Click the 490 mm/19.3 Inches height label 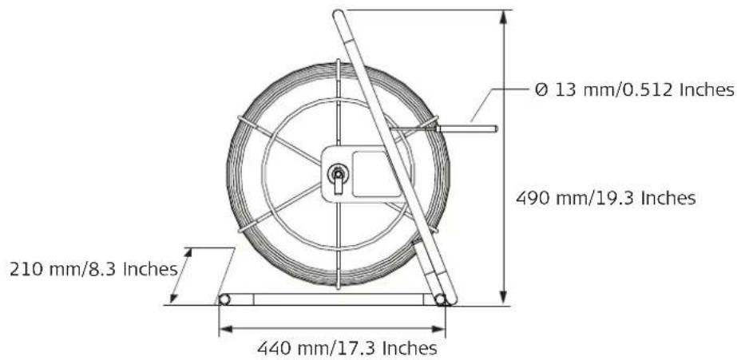(605, 198)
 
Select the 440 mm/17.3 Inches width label (347, 349)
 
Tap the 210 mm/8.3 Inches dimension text (93, 269)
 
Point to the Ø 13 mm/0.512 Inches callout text (635, 89)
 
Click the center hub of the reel (338, 174)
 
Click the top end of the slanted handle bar (338, 14)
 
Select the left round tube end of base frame (224, 299)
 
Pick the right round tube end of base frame (440, 299)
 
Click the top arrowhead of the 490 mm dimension (503, 17)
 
